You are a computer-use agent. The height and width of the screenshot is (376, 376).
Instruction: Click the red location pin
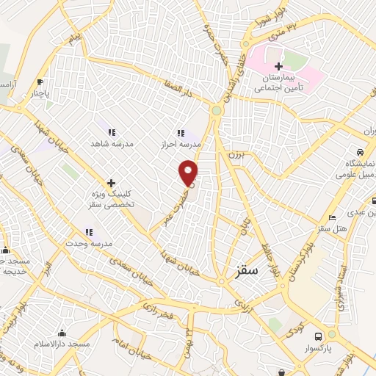click(x=189, y=173)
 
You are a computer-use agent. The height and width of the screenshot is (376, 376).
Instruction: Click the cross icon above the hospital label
click(x=278, y=66)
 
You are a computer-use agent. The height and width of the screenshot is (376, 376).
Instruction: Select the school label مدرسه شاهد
click(x=110, y=144)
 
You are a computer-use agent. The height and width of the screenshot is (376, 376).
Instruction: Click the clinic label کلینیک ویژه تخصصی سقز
click(x=111, y=200)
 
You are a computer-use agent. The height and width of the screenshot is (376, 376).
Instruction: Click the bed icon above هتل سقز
click(x=333, y=217)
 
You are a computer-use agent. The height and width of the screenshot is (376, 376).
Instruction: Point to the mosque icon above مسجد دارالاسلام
click(x=61, y=332)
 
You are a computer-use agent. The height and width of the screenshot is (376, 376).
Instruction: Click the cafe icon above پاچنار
click(x=40, y=82)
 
